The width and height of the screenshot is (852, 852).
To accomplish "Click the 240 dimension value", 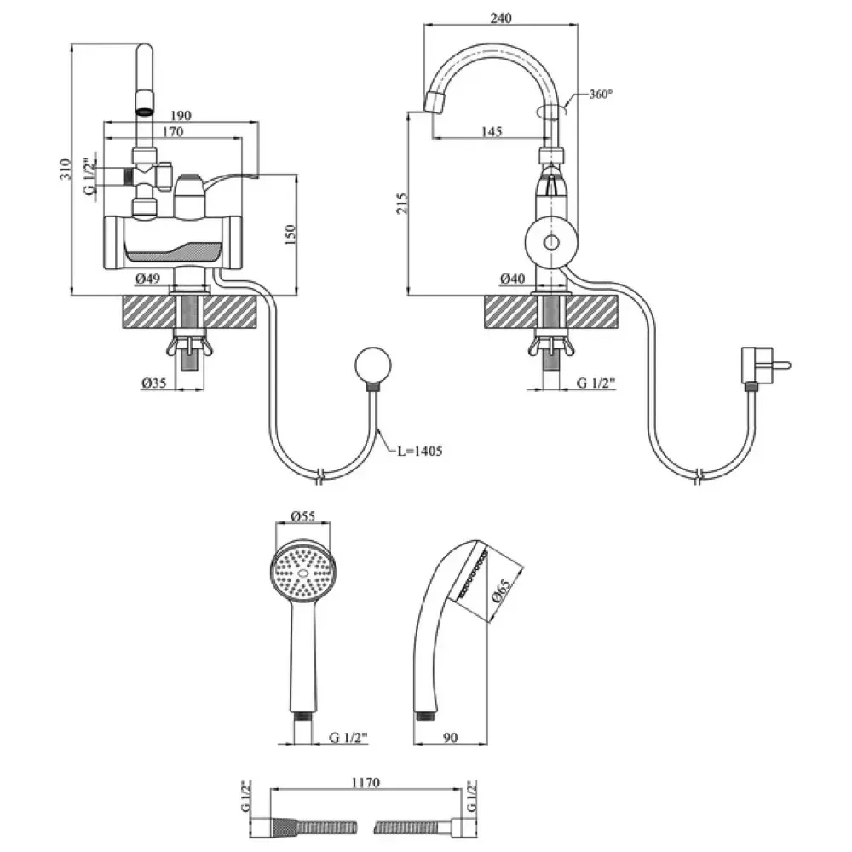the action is [500, 18].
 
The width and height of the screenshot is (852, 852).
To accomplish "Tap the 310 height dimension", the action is [66, 169].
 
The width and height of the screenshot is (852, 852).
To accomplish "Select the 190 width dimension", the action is [181, 116].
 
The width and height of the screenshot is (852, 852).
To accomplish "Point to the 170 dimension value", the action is [172, 131].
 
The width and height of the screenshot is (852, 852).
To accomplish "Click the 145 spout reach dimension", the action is [492, 131].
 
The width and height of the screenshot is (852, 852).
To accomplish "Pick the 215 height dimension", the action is [401, 204].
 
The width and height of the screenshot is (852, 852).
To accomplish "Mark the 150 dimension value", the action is [291, 235].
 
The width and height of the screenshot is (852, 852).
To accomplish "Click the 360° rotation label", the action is [601, 94].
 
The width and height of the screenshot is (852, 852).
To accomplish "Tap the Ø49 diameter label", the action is [147, 279].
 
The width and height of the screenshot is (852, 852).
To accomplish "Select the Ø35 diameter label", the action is [153, 383].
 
